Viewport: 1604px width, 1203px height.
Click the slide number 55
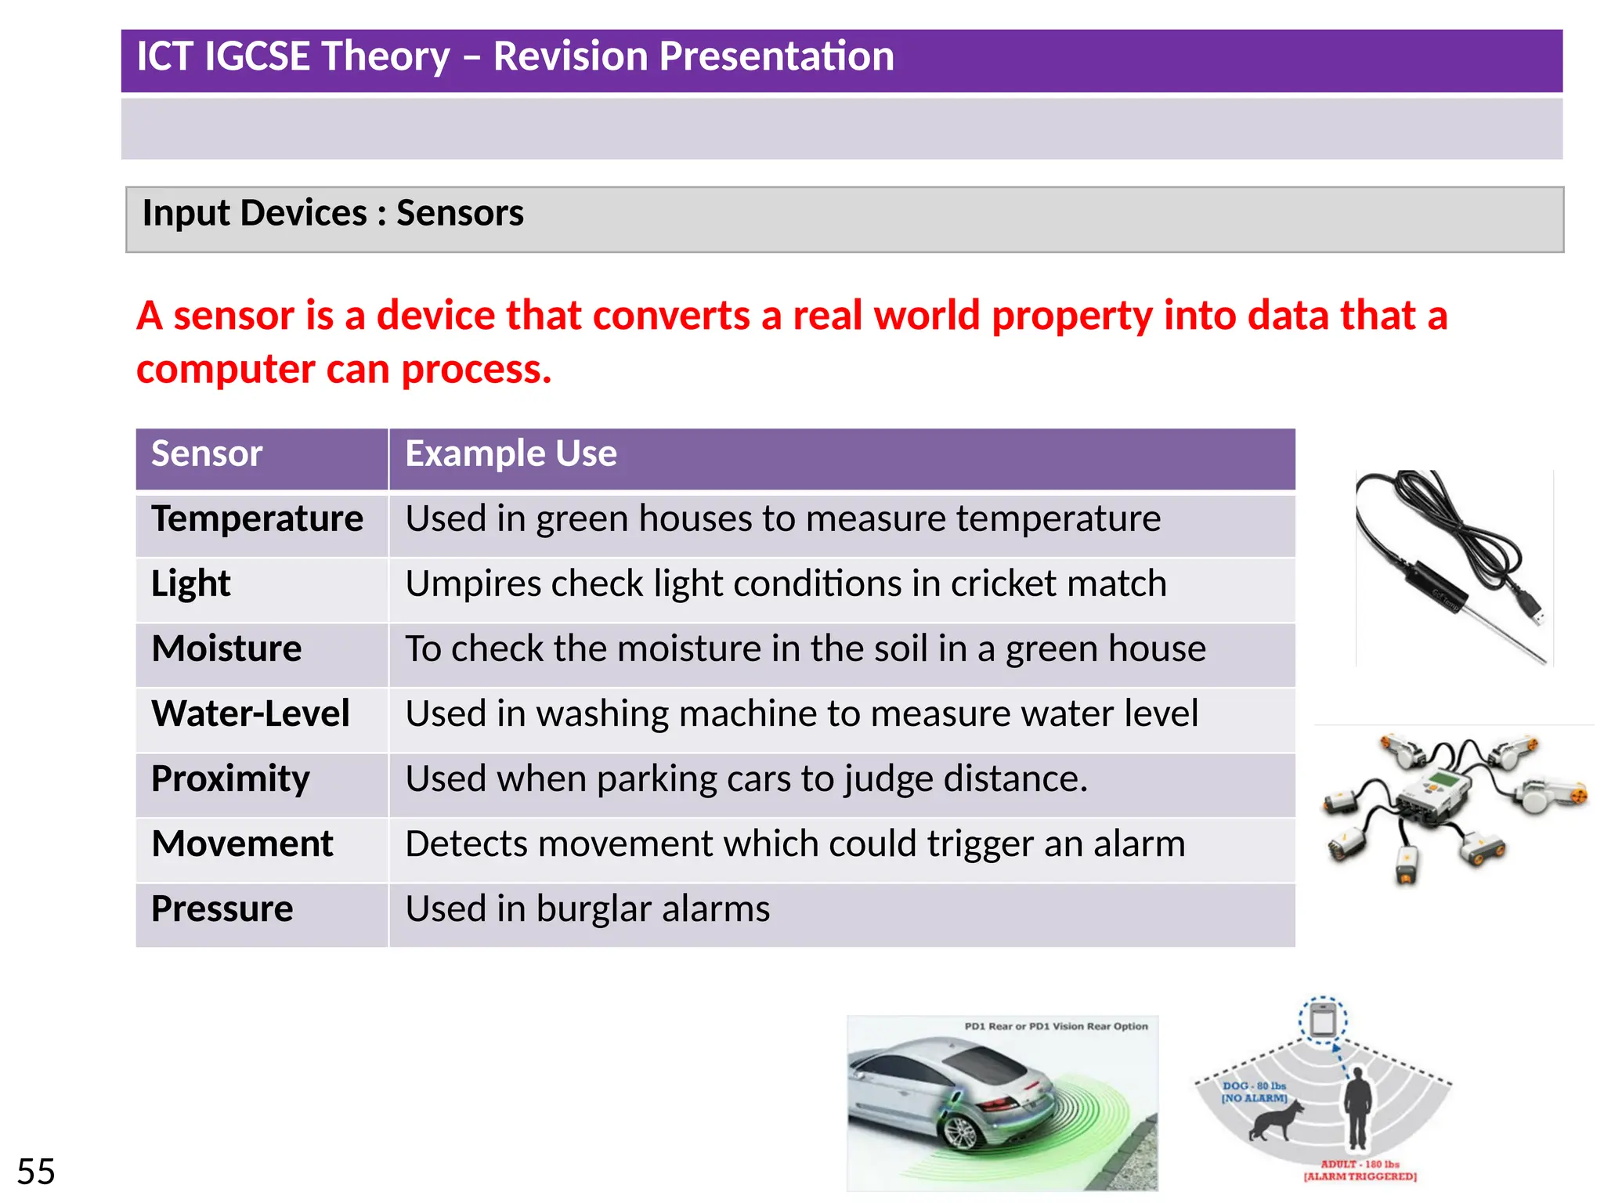click(36, 1172)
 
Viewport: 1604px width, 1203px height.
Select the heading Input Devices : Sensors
click(333, 213)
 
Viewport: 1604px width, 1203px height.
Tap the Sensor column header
click(207, 453)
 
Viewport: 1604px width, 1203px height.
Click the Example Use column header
click(511, 453)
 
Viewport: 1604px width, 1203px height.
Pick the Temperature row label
click(257, 518)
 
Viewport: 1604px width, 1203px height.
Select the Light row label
click(190, 583)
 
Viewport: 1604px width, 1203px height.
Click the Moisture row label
click(226, 648)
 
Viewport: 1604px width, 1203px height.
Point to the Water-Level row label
click(250, 713)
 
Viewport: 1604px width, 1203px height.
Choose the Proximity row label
click(230, 779)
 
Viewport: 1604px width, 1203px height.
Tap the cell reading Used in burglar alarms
click(587, 909)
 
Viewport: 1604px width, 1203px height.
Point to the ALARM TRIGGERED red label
click(1360, 1176)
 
